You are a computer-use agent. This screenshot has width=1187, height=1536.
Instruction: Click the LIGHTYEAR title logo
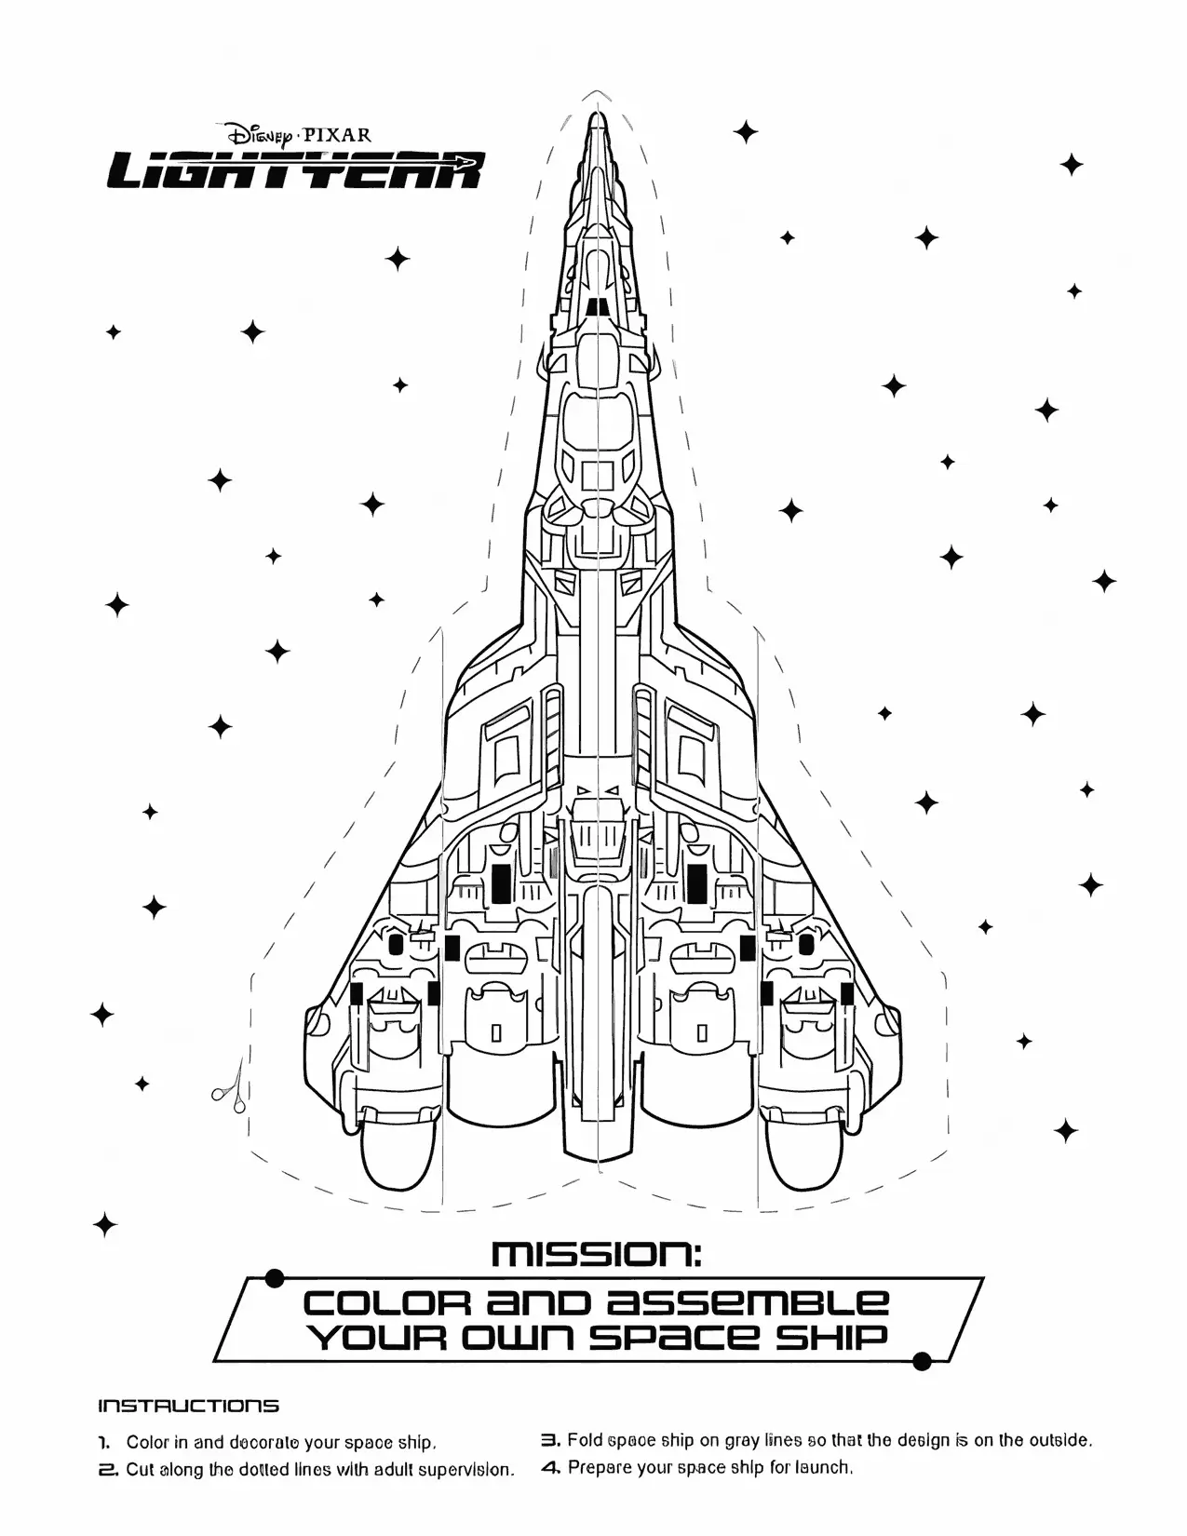click(295, 171)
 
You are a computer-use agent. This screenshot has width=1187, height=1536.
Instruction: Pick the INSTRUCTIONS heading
click(188, 1406)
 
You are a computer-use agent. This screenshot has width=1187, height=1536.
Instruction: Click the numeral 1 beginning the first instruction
click(105, 1443)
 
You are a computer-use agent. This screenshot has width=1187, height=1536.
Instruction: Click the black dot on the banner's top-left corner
click(274, 1279)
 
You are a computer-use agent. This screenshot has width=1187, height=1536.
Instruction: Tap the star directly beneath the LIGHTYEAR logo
click(398, 258)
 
